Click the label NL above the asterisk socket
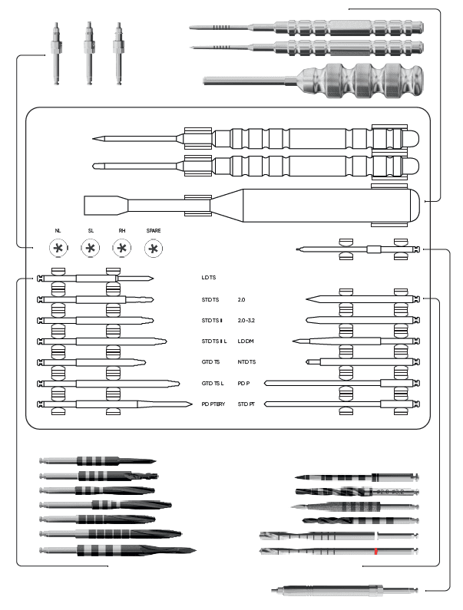(x=58, y=231)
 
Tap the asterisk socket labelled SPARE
(x=154, y=248)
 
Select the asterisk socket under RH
(x=122, y=248)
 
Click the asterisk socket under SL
(x=91, y=248)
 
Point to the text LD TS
(x=209, y=278)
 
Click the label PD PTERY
(x=213, y=404)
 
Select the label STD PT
(x=246, y=404)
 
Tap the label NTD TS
(x=246, y=362)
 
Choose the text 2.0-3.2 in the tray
(x=246, y=321)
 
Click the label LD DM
(x=246, y=341)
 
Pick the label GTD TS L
(x=213, y=384)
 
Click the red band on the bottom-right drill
(x=376, y=551)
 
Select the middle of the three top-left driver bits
(x=89, y=53)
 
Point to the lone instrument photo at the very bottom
(x=345, y=590)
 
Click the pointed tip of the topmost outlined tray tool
(x=94, y=138)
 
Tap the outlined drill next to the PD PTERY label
(x=115, y=404)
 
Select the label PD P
(x=243, y=384)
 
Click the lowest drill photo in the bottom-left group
(x=117, y=550)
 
